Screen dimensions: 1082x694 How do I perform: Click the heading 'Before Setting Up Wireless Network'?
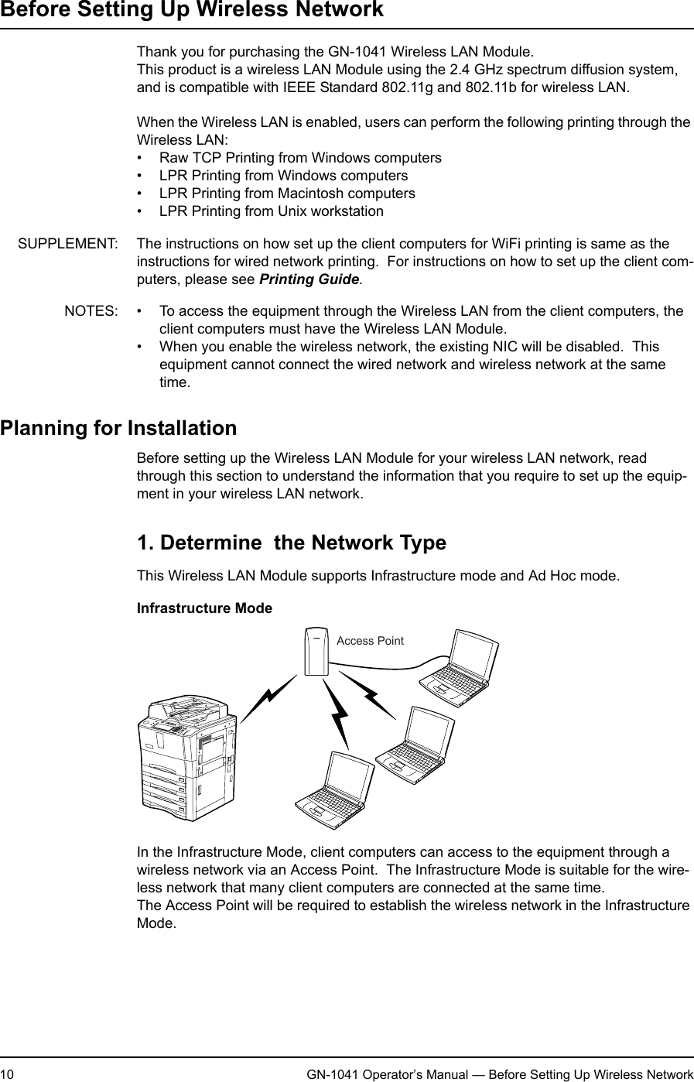pyautogui.click(x=191, y=10)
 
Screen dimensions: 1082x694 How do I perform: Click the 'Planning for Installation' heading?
pyautogui.click(x=118, y=428)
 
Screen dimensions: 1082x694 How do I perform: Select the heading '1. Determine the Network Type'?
pyautogui.click(x=291, y=542)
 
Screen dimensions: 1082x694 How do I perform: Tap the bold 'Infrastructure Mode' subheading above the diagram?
pyautogui.click(x=204, y=608)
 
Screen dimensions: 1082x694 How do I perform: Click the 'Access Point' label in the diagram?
pyautogui.click(x=370, y=641)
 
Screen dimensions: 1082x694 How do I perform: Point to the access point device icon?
pyautogui.click(x=316, y=650)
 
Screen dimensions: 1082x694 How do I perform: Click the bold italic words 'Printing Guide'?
pyautogui.click(x=309, y=279)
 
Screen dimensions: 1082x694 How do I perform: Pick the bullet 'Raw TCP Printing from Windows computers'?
pyautogui.click(x=300, y=158)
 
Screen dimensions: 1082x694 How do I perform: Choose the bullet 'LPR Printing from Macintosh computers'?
pyautogui.click(x=286, y=193)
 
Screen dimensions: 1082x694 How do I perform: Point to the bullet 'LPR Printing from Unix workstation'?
pyautogui.click(x=271, y=211)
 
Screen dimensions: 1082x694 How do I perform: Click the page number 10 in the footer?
pyautogui.click(x=7, y=1074)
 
